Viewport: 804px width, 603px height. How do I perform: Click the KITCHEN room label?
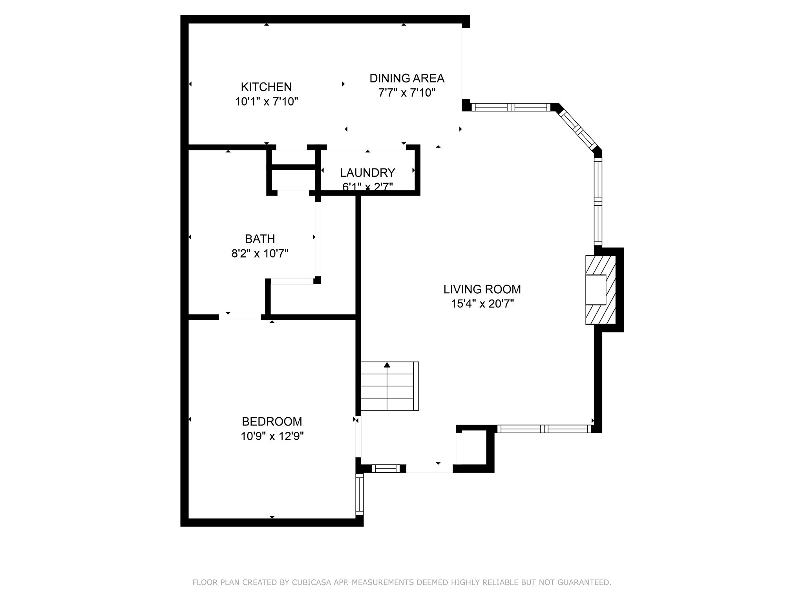[266, 87]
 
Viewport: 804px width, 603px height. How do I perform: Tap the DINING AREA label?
[407, 78]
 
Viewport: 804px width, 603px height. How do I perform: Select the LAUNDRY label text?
[367, 173]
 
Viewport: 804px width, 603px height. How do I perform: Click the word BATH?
[259, 239]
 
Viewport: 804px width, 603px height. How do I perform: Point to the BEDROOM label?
[272, 422]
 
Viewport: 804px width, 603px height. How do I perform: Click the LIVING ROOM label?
[482, 289]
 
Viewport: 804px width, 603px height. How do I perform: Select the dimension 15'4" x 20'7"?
[482, 304]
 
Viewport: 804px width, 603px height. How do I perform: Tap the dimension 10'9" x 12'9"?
[272, 436]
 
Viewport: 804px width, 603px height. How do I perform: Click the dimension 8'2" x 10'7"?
[259, 254]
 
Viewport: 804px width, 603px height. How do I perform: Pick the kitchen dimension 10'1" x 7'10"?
[266, 102]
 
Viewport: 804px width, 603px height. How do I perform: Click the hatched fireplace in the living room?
[600, 290]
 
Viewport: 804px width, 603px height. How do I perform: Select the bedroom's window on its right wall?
[360, 494]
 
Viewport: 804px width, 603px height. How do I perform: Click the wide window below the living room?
[544, 429]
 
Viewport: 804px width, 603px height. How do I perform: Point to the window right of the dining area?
[510, 107]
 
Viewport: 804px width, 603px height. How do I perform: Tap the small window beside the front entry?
[386, 468]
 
